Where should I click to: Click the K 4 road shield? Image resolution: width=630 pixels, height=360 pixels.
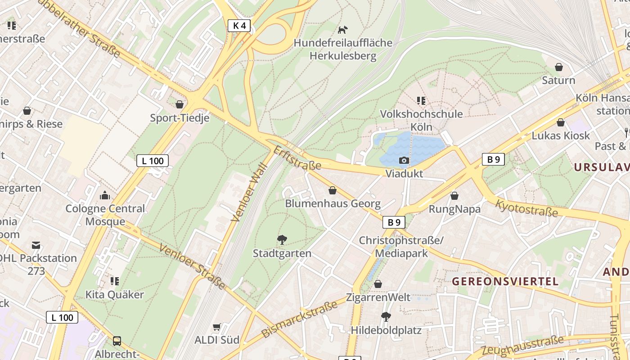(x=239, y=26)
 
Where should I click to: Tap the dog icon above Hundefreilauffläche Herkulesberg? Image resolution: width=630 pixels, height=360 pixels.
(x=343, y=30)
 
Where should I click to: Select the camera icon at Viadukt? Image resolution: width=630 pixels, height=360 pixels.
(x=404, y=161)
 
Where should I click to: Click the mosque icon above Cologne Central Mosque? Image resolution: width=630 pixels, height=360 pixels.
(x=105, y=195)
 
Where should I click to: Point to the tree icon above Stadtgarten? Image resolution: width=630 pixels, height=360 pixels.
(x=282, y=240)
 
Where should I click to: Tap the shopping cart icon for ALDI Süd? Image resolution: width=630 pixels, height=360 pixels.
(x=217, y=327)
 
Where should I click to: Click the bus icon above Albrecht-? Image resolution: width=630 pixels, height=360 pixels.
(x=117, y=341)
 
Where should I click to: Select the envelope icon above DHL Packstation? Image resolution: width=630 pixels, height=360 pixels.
(x=36, y=245)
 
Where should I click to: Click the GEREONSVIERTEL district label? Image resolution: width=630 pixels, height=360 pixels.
(x=505, y=282)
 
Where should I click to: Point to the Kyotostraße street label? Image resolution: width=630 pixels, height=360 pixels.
(x=526, y=208)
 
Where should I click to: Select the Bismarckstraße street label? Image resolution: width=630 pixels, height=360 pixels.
(x=299, y=319)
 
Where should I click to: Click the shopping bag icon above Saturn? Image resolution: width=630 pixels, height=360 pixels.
(x=559, y=67)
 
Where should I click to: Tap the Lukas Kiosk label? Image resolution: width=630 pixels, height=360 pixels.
(x=561, y=135)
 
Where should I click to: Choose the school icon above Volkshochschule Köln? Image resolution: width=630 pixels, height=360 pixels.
(x=421, y=100)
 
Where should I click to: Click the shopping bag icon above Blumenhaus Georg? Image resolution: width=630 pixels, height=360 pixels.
(x=333, y=190)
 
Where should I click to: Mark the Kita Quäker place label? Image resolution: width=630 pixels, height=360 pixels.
(x=115, y=295)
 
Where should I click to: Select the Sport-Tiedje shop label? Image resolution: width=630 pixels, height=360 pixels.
(x=180, y=118)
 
